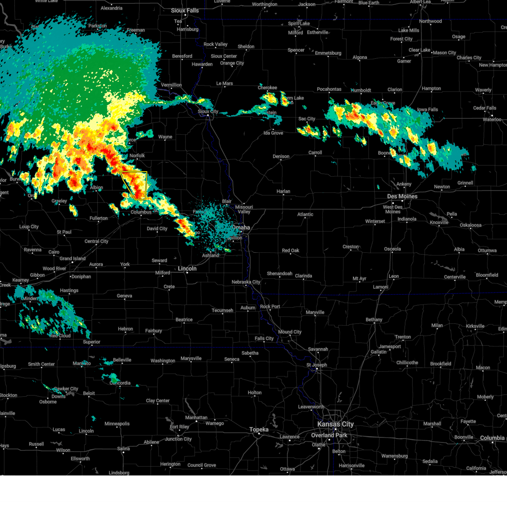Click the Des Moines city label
coord(402,196)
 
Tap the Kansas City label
coord(335,424)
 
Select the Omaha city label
coord(241,228)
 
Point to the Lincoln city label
coord(187,269)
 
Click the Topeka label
coord(259,430)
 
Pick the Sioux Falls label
coord(185,11)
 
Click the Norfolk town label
coord(137,156)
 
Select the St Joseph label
coord(316,365)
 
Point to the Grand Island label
coord(72,259)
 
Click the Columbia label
coord(492,438)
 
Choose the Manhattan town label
coord(196,417)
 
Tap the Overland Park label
coord(329,435)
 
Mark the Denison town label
coord(281,156)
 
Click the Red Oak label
coord(290,251)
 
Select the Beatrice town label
coord(184,320)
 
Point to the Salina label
coord(123,449)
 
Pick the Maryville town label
coord(315,313)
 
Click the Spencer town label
coord(296,50)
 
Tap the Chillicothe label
coord(407,363)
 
